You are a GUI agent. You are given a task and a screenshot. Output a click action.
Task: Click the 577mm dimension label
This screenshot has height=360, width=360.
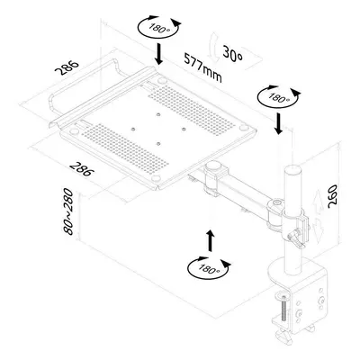coord(203,68)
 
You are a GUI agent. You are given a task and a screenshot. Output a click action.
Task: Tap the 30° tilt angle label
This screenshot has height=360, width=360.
coord(232,55)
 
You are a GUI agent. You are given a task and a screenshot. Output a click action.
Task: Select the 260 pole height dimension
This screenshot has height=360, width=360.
coord(332,196)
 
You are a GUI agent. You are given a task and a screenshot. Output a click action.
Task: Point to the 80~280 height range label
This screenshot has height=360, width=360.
coord(68,211)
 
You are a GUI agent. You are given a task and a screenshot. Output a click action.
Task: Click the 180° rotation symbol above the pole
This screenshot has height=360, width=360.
coord(279,96)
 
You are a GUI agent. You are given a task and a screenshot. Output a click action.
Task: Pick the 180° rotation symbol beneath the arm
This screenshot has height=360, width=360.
coord(209,268)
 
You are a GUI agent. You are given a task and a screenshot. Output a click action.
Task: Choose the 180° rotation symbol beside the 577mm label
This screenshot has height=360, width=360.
coord(159,27)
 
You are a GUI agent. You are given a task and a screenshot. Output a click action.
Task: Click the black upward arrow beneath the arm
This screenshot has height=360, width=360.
coord(211,240)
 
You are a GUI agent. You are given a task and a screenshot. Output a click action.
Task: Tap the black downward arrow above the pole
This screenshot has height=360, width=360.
coord(279,123)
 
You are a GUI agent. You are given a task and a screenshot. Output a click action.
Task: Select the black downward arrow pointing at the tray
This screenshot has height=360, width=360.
coord(159,54)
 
